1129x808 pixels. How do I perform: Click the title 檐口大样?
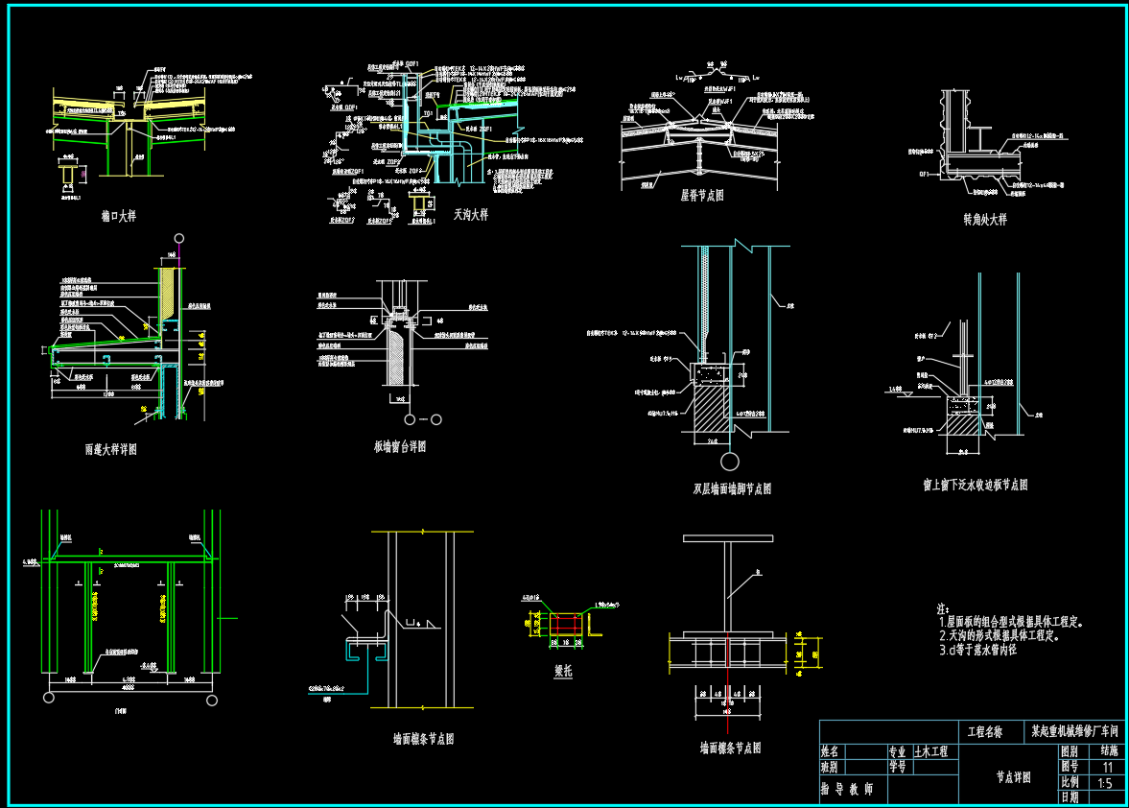pyautogui.click(x=119, y=216)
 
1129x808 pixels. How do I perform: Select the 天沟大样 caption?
pyautogui.click(x=471, y=215)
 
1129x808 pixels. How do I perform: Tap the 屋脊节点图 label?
pyautogui.click(x=702, y=195)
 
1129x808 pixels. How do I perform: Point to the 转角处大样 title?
pyautogui.click(x=985, y=219)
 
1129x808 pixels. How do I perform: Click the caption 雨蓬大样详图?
pyautogui.click(x=110, y=448)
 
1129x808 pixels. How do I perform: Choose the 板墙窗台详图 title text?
pyautogui.click(x=400, y=446)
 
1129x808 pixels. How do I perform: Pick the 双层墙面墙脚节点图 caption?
pyautogui.click(x=732, y=488)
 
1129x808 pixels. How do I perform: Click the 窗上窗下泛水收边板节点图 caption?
pyautogui.click(x=975, y=485)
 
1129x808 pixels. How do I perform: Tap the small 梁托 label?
pyautogui.click(x=563, y=672)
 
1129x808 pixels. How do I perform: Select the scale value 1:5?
pyautogui.click(x=1104, y=783)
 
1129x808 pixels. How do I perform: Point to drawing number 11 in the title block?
pyautogui.click(x=1108, y=768)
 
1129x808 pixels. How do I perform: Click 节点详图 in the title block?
pyautogui.click(x=1013, y=777)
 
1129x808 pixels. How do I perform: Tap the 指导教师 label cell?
pyautogui.click(x=848, y=789)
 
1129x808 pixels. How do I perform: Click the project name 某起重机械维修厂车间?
pyautogui.click(x=1075, y=731)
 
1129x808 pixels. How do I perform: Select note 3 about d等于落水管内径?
pyautogui.click(x=977, y=650)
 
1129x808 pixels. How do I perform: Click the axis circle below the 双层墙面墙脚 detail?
pyautogui.click(x=731, y=459)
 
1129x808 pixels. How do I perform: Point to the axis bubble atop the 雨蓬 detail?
pyautogui.click(x=178, y=239)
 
